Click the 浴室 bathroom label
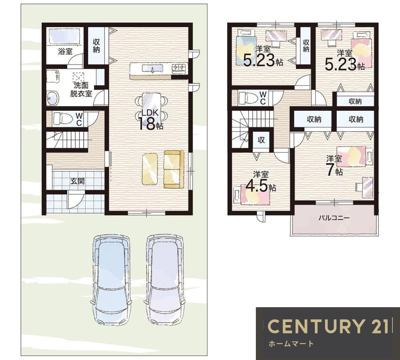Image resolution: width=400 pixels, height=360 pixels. click(x=65, y=52)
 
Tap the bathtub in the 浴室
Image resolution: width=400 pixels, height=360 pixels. click(x=64, y=36)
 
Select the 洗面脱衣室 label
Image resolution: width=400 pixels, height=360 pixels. click(x=81, y=90)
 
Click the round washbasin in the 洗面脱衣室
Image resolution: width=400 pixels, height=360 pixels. click(x=53, y=98)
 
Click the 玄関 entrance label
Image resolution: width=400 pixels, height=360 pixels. click(x=77, y=181)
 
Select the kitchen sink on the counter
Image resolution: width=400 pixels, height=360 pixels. click(x=152, y=68)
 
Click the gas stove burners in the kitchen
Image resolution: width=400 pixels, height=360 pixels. click(x=179, y=68)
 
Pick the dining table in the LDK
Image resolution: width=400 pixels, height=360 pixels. click(x=151, y=106)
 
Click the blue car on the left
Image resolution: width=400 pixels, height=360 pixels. click(x=111, y=280)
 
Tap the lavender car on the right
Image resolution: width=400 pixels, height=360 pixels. click(x=164, y=280)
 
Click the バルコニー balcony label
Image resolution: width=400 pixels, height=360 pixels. click(x=334, y=218)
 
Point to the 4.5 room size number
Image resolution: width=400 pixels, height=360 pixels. click(x=257, y=186)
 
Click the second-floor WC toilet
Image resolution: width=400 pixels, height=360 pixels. click(x=248, y=98)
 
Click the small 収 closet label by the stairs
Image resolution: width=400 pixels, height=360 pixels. click(x=261, y=140)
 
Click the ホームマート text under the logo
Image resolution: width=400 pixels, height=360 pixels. click(x=291, y=344)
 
